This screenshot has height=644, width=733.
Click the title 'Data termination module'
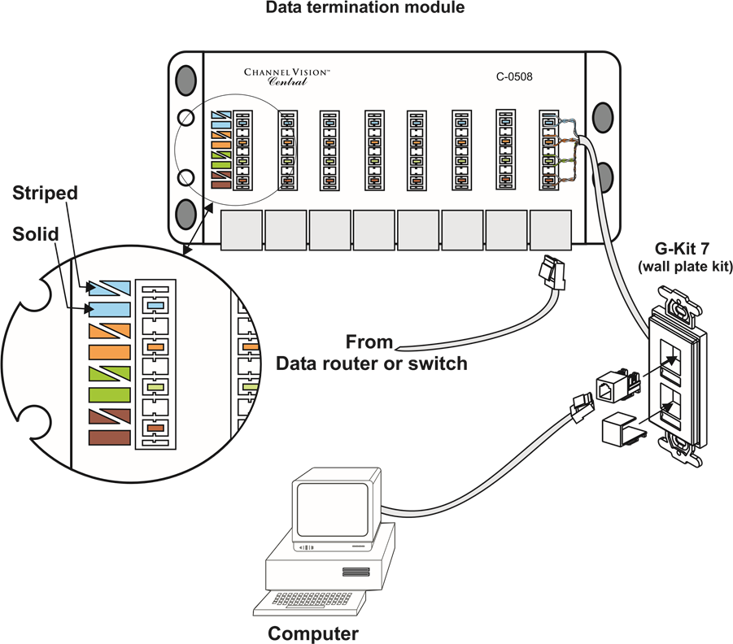(365, 7)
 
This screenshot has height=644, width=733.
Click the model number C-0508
(514, 76)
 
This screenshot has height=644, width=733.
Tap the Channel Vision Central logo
(287, 77)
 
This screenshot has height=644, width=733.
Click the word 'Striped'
(45, 193)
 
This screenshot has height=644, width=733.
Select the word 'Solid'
(36, 233)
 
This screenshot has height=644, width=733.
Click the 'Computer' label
(313, 633)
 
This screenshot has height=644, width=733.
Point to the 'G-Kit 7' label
(682, 248)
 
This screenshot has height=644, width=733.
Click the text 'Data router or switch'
(372, 363)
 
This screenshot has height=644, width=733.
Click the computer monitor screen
(333, 509)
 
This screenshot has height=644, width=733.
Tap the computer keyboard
(310, 602)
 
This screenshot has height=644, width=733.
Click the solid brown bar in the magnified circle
(109, 438)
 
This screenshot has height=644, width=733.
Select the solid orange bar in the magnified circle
(109, 352)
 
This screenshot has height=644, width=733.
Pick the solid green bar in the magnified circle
(109, 395)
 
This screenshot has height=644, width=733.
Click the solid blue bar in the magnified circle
(109, 309)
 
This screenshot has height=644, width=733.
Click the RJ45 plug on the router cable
(552, 272)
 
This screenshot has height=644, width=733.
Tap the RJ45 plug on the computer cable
(582, 407)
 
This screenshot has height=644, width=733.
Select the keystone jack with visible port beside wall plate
(617, 385)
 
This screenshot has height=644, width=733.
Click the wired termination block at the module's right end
(549, 150)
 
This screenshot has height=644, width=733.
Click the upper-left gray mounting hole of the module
(185, 80)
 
